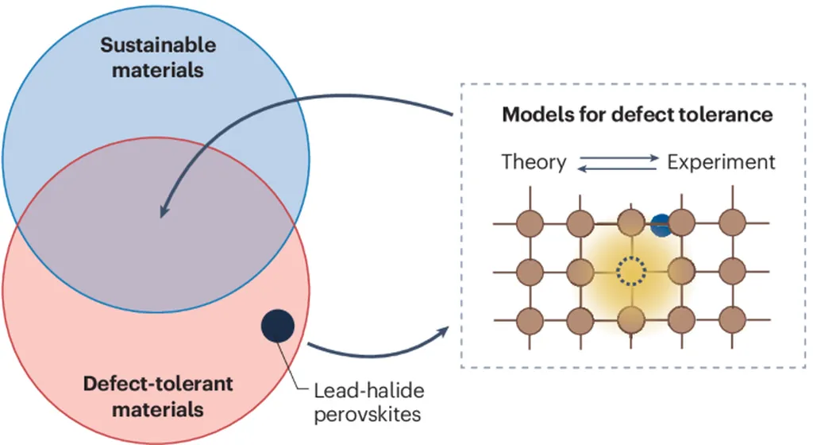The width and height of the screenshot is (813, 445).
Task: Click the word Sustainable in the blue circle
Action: [x=157, y=44]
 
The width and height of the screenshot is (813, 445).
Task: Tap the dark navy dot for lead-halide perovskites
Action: [x=278, y=327]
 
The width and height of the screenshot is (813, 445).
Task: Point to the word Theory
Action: [x=534, y=163]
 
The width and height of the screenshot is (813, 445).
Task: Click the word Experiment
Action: [x=721, y=163]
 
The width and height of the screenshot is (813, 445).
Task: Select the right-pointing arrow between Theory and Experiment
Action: [x=618, y=158]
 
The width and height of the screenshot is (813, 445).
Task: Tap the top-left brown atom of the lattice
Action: [x=530, y=224]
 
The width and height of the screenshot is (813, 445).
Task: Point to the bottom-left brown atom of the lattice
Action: [x=530, y=319]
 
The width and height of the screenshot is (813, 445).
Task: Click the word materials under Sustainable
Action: [x=157, y=70]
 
